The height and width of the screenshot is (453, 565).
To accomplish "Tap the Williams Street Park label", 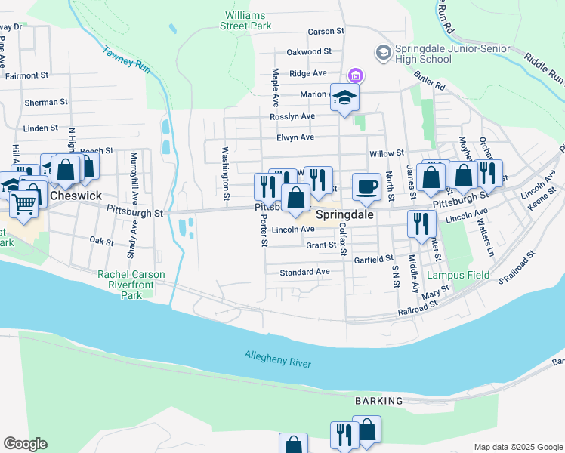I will pos(245,20).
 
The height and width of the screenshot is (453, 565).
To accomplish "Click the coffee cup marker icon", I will pos(366,186).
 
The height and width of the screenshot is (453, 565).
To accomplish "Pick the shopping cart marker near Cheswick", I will pos(25,202).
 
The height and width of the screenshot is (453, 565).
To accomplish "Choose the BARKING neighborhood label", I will pos(379,401).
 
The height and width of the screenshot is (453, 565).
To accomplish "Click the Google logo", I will pos(25,444).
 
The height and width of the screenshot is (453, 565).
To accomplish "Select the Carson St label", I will pos(326,32).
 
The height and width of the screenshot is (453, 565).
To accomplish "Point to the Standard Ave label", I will pos(304,272).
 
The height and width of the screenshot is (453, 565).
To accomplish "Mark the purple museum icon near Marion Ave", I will pos(355,76).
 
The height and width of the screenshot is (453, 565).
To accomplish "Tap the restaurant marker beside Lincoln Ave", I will pos(421,223).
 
